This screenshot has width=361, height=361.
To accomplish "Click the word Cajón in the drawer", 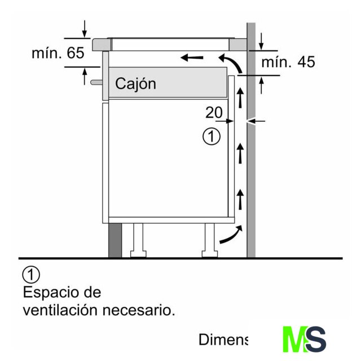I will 135,84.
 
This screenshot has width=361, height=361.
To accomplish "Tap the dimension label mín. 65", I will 58,54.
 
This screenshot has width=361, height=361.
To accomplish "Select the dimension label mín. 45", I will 288,62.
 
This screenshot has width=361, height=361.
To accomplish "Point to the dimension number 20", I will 214,113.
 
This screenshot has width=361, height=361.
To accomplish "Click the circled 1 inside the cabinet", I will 211,137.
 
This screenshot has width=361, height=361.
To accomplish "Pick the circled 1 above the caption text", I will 32,275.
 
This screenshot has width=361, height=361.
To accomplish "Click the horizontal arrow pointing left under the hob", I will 191,57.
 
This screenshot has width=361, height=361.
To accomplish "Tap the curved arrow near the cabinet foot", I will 231,235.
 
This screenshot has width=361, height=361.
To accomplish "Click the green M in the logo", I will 293,340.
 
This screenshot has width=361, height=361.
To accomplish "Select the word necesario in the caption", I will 142,310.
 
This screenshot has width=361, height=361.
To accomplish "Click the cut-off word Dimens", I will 223,340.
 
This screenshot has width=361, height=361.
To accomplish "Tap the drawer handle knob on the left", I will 94,82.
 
